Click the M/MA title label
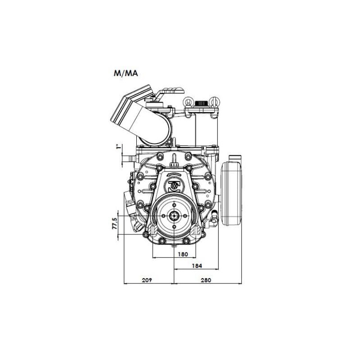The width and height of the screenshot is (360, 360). [x=126, y=73]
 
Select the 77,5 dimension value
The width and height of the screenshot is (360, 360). [x=114, y=223]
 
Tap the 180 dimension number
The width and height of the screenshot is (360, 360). [x=183, y=254]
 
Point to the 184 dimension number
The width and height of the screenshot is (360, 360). [x=197, y=265]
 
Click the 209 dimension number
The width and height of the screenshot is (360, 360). [x=147, y=280]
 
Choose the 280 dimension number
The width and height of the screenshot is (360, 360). [x=206, y=280]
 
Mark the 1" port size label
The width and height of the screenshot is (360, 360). [x=118, y=147]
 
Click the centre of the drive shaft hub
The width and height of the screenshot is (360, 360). [x=174, y=216]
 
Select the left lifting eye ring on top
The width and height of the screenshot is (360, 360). [x=188, y=101]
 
